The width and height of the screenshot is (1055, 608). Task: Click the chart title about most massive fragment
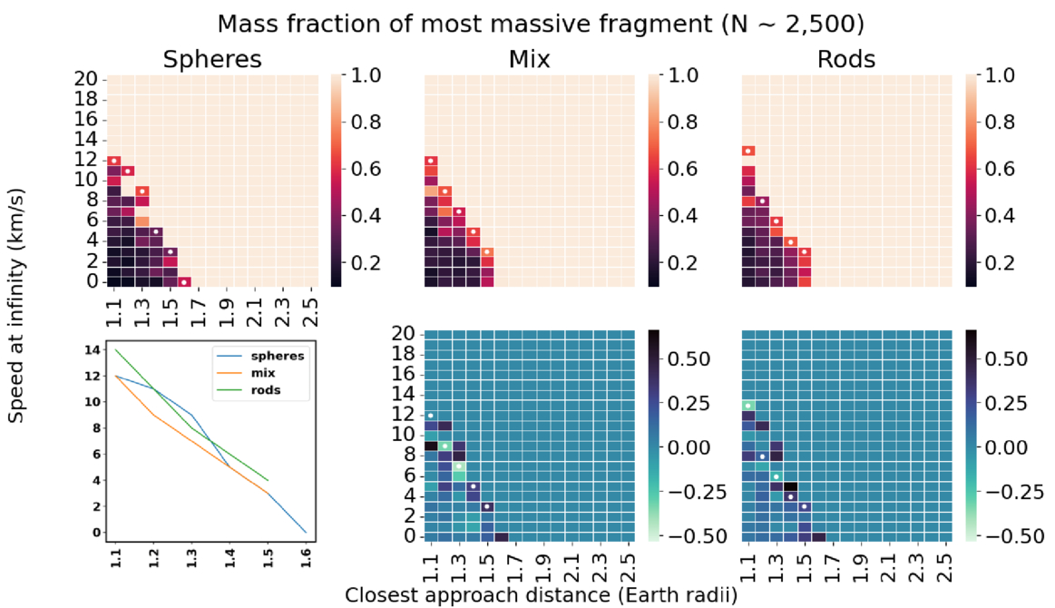coord(527,20)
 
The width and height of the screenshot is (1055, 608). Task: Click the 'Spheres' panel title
coord(212,60)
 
